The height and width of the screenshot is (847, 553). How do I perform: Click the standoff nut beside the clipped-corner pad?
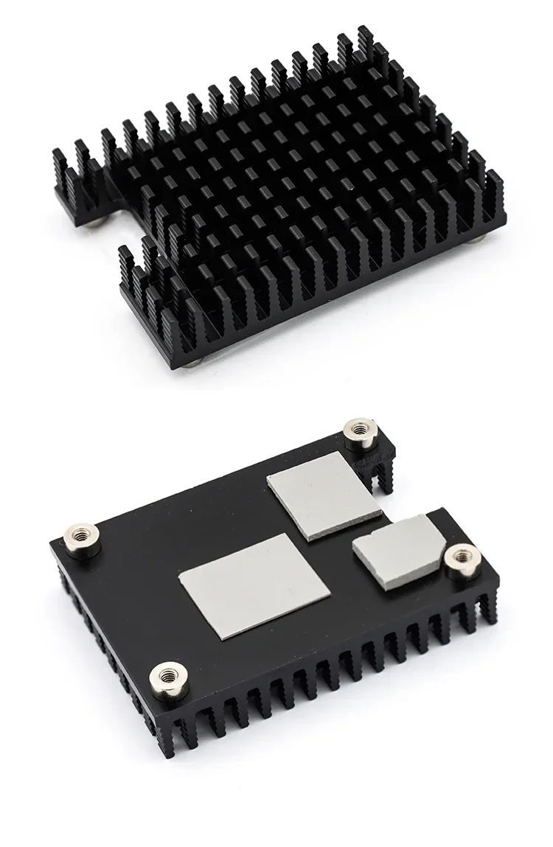point(462,560)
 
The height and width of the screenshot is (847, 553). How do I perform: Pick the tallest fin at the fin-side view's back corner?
point(364,44)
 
